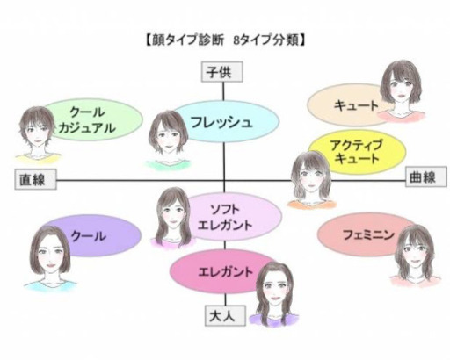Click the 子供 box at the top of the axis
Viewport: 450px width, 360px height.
222,71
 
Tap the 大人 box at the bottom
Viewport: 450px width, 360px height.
225,316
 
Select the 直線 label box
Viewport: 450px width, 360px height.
35,179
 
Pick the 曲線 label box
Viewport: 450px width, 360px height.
426,176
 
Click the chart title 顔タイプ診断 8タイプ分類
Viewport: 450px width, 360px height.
225,40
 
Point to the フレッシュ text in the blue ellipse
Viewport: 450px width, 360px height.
221,122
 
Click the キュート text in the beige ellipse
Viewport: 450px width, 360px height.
357,105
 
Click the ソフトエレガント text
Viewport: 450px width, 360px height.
225,217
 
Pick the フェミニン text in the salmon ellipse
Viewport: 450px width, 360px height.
368,234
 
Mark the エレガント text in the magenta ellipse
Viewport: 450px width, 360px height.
225,271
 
